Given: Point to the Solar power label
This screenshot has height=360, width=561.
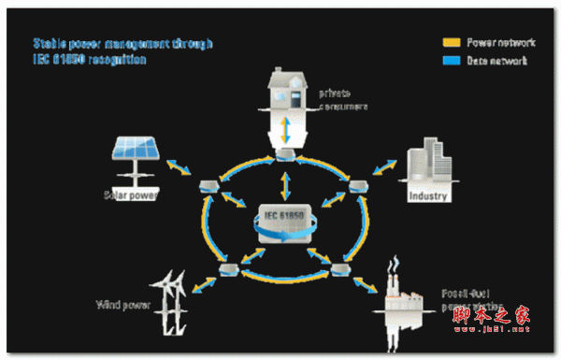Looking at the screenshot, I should pos(132,195).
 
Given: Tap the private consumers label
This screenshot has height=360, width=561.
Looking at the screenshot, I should pos(342,100).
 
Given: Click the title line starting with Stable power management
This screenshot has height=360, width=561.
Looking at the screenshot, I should pos(122,43).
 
